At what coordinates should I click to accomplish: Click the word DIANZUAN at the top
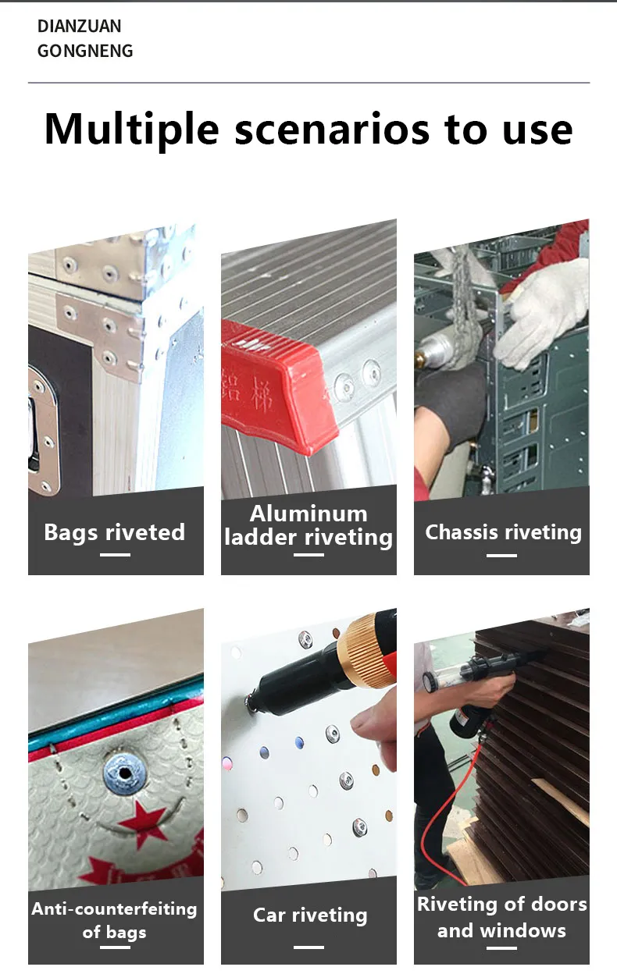(x=79, y=26)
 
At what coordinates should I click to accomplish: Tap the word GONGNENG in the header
(x=85, y=51)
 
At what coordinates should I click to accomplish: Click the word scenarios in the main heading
(x=332, y=129)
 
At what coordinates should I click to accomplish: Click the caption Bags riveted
(x=115, y=532)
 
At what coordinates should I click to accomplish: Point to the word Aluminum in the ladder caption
(x=308, y=514)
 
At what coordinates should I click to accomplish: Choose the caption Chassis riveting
(x=503, y=532)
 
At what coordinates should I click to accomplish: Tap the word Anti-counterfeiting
(x=114, y=908)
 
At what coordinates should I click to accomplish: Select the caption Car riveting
(x=310, y=915)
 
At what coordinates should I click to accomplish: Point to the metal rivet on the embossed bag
(x=124, y=773)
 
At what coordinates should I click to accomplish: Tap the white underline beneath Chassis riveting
(x=501, y=555)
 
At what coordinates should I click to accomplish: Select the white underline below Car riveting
(x=308, y=947)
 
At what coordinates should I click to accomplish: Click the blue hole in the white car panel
(x=299, y=743)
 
